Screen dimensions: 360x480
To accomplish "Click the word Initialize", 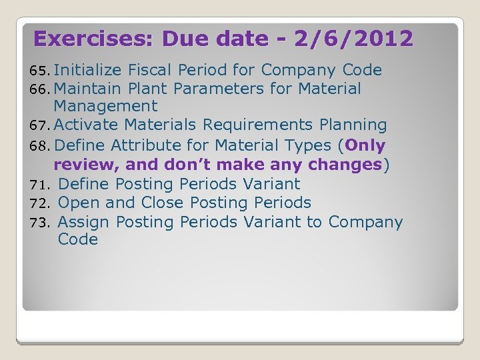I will click(87, 70).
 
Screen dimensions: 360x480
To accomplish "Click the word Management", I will click(105, 106).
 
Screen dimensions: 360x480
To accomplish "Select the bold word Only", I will click(365, 145).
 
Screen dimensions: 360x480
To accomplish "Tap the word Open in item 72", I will click(79, 203).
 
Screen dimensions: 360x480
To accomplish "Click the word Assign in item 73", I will click(84, 222).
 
